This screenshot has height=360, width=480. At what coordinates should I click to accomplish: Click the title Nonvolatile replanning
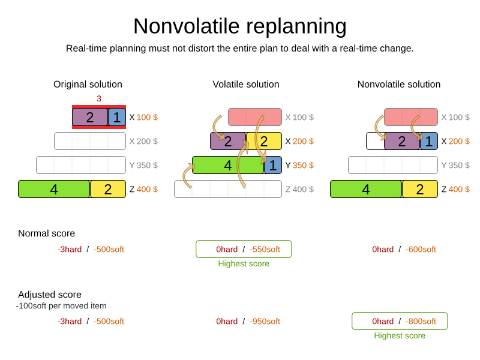(x=240, y=26)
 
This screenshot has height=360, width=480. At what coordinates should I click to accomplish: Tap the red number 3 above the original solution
(x=99, y=98)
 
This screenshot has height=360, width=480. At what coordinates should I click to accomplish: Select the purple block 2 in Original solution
(x=91, y=117)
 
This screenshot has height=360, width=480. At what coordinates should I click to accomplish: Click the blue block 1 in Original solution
(x=117, y=117)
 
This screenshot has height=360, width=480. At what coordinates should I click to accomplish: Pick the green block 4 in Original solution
(x=54, y=189)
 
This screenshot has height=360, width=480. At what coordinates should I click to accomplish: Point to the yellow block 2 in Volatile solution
(x=264, y=141)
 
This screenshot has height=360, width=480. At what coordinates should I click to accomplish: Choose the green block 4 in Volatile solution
(x=228, y=166)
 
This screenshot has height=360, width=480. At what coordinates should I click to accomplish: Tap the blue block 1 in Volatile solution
(x=273, y=166)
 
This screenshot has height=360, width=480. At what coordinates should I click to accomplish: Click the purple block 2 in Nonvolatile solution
(x=402, y=141)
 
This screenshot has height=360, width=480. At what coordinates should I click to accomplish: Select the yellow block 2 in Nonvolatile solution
(x=419, y=189)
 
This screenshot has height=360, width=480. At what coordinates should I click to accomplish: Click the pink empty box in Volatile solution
(x=255, y=117)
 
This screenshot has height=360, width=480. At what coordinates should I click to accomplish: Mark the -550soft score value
(x=265, y=250)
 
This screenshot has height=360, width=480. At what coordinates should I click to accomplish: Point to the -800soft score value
(x=421, y=322)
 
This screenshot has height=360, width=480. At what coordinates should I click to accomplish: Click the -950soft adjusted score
(x=265, y=322)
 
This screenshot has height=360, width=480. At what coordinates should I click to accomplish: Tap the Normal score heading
(x=47, y=233)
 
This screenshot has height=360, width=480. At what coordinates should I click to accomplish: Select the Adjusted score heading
(x=50, y=295)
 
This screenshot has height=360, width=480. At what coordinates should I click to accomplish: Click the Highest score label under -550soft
(x=244, y=263)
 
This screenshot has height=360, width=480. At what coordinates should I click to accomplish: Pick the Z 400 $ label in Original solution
(x=143, y=189)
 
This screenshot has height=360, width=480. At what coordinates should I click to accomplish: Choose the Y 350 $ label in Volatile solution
(x=299, y=166)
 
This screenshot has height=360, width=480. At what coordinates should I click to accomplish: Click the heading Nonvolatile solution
(x=399, y=84)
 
